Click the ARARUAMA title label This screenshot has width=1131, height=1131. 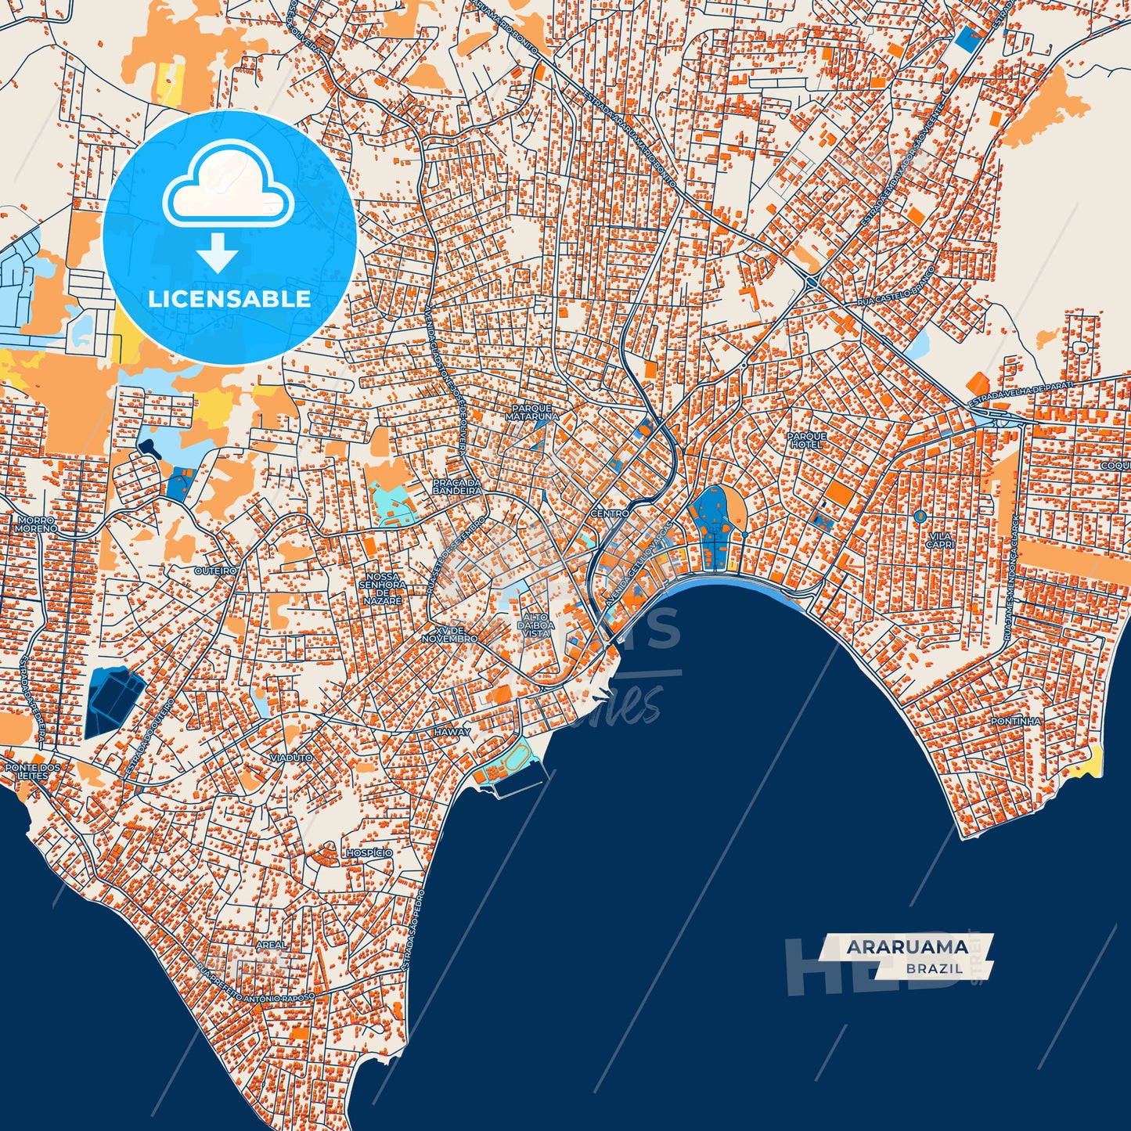click(x=906, y=947)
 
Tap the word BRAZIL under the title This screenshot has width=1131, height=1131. click(x=935, y=968)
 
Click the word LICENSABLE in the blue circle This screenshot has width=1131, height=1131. click(x=229, y=298)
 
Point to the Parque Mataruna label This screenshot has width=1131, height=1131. click(x=532, y=412)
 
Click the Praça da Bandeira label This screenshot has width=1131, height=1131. click(x=457, y=487)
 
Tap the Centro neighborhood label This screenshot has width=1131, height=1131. click(x=610, y=513)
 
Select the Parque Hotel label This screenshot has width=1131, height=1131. click(x=806, y=440)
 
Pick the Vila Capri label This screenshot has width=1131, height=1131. click(x=939, y=540)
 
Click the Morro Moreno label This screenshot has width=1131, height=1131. click(x=34, y=524)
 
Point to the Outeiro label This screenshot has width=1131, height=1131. click(x=215, y=571)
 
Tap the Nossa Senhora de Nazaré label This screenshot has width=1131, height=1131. click(x=383, y=589)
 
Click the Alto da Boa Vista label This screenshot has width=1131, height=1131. click(x=536, y=625)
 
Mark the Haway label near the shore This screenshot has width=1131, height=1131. click(x=452, y=732)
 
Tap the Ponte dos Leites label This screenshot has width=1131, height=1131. click(x=32, y=771)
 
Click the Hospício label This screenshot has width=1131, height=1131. click(x=369, y=852)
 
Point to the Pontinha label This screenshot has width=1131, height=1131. click(x=1015, y=721)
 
